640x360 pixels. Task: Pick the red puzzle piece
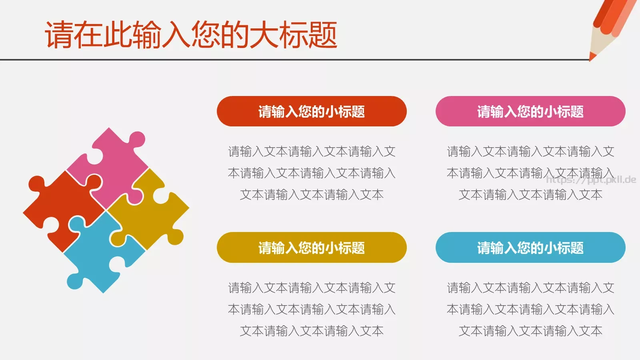click(x=60, y=208)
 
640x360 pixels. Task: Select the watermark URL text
click(x=591, y=180)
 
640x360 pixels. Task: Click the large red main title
click(x=191, y=35)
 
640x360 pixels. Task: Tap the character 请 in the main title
click(x=59, y=35)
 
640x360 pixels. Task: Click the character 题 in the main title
click(x=322, y=35)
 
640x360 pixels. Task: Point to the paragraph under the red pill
click(x=312, y=173)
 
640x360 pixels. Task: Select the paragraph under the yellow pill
click(x=312, y=309)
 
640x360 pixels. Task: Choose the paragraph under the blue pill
click(x=530, y=309)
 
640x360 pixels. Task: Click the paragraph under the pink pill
click(x=530, y=173)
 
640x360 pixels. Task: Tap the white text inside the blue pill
click(x=530, y=248)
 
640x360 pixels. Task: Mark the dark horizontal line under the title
click(x=280, y=60)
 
